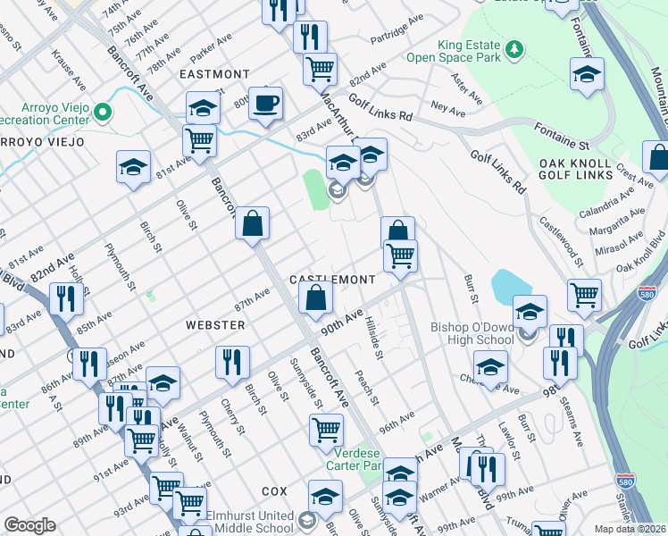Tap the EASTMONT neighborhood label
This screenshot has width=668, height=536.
click(x=214, y=74)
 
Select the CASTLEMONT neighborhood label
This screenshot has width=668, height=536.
click(x=331, y=280)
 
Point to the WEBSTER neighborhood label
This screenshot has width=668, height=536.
click(x=215, y=325)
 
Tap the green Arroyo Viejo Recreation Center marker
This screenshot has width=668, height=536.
click(x=104, y=113)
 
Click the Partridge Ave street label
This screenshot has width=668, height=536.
click(x=397, y=30)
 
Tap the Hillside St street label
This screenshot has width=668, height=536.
click(x=376, y=342)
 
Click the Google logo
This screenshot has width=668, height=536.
click(x=29, y=525)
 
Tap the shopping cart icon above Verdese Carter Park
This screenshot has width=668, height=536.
click(x=326, y=430)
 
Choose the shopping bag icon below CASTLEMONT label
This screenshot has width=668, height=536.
click(x=315, y=299)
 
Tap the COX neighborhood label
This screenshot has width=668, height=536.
click(x=274, y=492)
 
